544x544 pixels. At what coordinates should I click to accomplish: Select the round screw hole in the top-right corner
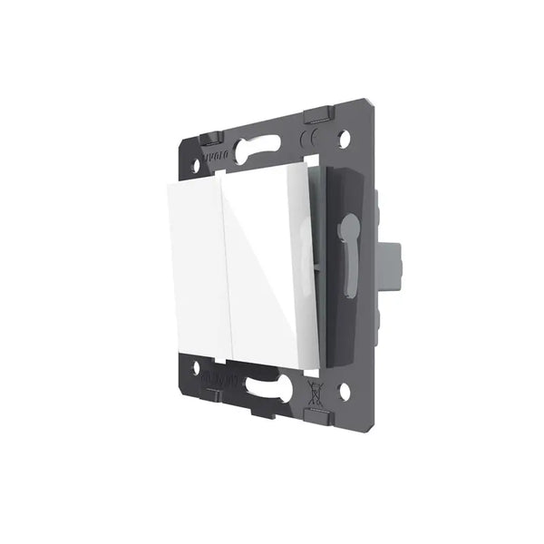pyautogui.click(x=345, y=140)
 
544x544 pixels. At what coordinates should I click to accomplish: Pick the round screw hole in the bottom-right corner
pyautogui.click(x=345, y=392)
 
